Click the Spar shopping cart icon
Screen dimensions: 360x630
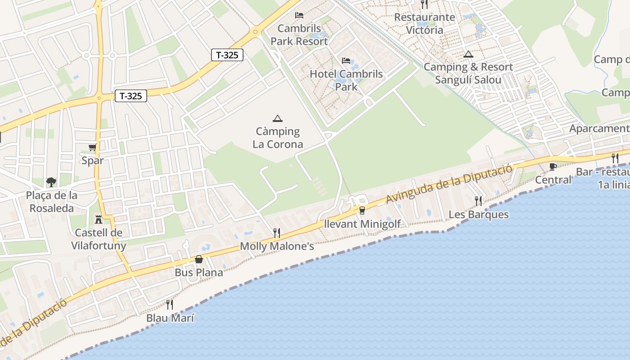[93, 148]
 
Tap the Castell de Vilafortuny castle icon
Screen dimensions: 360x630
[98, 220]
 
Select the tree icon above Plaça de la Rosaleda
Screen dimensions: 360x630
[51, 182]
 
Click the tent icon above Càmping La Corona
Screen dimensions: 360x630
[278, 118]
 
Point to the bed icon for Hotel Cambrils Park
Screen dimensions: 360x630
[346, 61]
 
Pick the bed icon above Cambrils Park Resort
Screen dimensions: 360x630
[299, 15]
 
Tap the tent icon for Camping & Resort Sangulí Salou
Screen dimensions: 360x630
[468, 54]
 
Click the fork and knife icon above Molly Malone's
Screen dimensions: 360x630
[277, 233]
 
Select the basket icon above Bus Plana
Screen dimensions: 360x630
[199, 259]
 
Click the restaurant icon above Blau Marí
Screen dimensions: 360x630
[170, 305]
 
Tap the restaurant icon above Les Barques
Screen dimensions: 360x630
[478, 201]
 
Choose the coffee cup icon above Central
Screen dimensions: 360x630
[553, 167]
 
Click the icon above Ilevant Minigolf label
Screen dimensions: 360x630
[362, 210]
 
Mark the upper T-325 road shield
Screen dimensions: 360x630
[227, 55]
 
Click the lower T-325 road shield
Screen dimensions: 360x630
[131, 96]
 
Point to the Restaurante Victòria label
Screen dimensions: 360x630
[425, 24]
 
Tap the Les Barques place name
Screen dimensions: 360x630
[478, 215]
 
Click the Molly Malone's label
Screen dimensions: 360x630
[277, 247]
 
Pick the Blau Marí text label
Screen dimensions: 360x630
[170, 318]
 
